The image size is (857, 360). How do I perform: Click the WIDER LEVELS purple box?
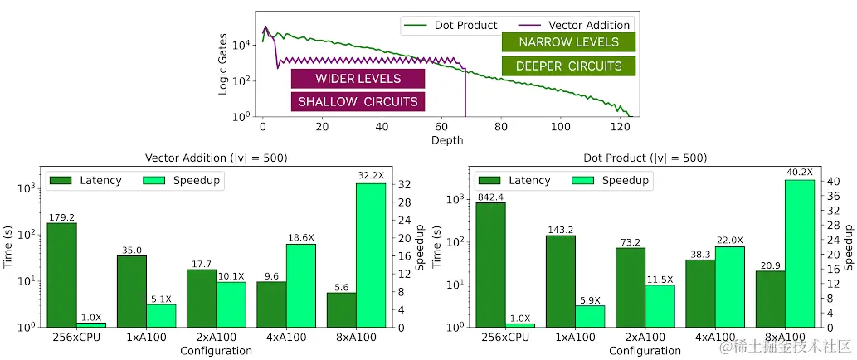click(x=358, y=79)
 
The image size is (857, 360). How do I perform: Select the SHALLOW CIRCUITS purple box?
click(x=358, y=101)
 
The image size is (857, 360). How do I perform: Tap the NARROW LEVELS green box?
click(x=568, y=42)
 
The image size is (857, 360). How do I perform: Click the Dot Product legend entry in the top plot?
click(x=452, y=25)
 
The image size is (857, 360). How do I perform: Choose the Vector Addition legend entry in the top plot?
click(x=576, y=25)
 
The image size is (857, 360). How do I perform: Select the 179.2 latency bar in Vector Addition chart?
click(x=61, y=274)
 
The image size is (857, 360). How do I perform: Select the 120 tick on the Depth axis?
click(x=620, y=128)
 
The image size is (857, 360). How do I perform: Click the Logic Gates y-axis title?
click(x=223, y=64)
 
